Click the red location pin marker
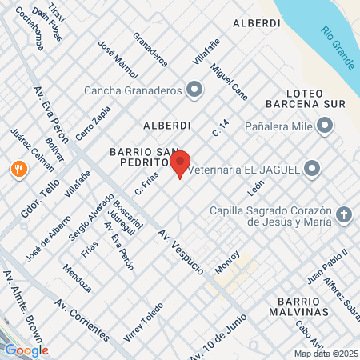click(x=180, y=162)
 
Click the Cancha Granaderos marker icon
click(x=194, y=89)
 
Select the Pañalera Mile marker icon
click(x=325, y=125)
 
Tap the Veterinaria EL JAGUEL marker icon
click(x=313, y=168)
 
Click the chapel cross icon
click(x=343, y=214)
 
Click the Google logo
click(x=26, y=350)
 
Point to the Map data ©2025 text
click(x=326, y=354)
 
